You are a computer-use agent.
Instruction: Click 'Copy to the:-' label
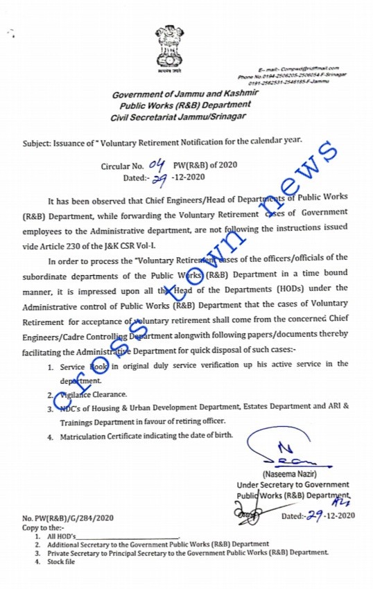(x=43, y=527)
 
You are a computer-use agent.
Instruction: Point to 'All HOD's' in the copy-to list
(x=61, y=536)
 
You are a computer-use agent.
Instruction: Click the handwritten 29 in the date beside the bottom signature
(x=315, y=515)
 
